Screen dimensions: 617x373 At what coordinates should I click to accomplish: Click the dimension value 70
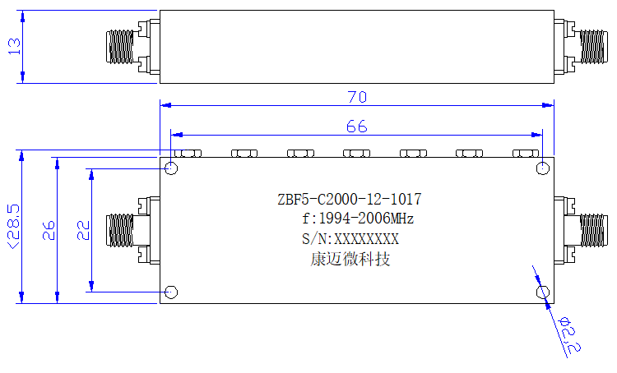[x=357, y=97]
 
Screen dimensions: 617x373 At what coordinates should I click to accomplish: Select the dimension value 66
[x=357, y=127]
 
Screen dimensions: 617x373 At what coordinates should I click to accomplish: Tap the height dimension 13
[x=14, y=46]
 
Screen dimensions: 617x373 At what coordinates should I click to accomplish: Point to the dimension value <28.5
[x=13, y=226]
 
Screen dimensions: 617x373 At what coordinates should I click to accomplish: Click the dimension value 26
[x=49, y=230]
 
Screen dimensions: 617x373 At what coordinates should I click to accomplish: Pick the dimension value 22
[x=83, y=230]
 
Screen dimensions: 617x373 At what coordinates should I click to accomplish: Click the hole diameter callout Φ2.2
[x=569, y=334]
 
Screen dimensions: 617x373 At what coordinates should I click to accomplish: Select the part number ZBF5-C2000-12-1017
[x=350, y=200]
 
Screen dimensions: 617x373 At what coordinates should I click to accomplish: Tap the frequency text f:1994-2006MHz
[x=358, y=219]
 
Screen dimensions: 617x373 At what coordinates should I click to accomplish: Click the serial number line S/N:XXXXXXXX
[x=350, y=238]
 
